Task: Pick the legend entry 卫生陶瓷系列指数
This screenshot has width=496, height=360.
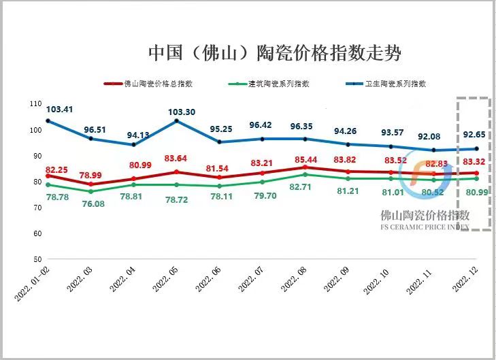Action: coord(395,84)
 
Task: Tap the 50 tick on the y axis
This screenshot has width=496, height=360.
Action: coord(37,260)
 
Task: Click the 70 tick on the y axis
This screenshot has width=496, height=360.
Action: coord(37,208)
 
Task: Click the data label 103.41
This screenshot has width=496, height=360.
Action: coord(60,109)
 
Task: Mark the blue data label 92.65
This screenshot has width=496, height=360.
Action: coord(475,135)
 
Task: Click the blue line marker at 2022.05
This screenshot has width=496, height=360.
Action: coord(176,121)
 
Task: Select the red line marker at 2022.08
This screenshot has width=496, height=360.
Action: coord(305,167)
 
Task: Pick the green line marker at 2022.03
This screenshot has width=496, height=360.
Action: coord(91,191)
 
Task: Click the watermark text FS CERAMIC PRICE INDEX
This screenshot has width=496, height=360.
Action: coord(425,227)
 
